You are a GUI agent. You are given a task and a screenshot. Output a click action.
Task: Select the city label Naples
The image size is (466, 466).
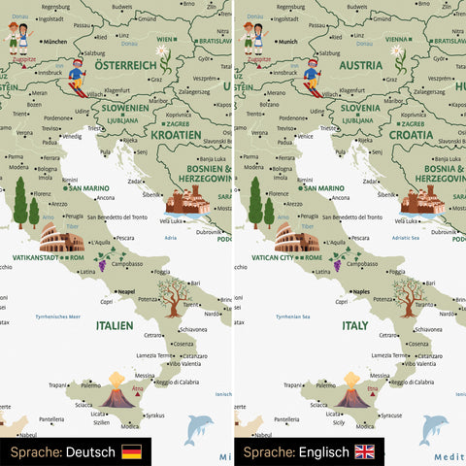coord(361,291)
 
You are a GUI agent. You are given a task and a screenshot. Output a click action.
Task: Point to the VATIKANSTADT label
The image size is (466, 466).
coord(37,258)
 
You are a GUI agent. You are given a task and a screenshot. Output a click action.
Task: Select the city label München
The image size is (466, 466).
coord(55,42)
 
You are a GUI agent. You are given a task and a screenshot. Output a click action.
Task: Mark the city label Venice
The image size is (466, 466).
coord(309,136)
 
